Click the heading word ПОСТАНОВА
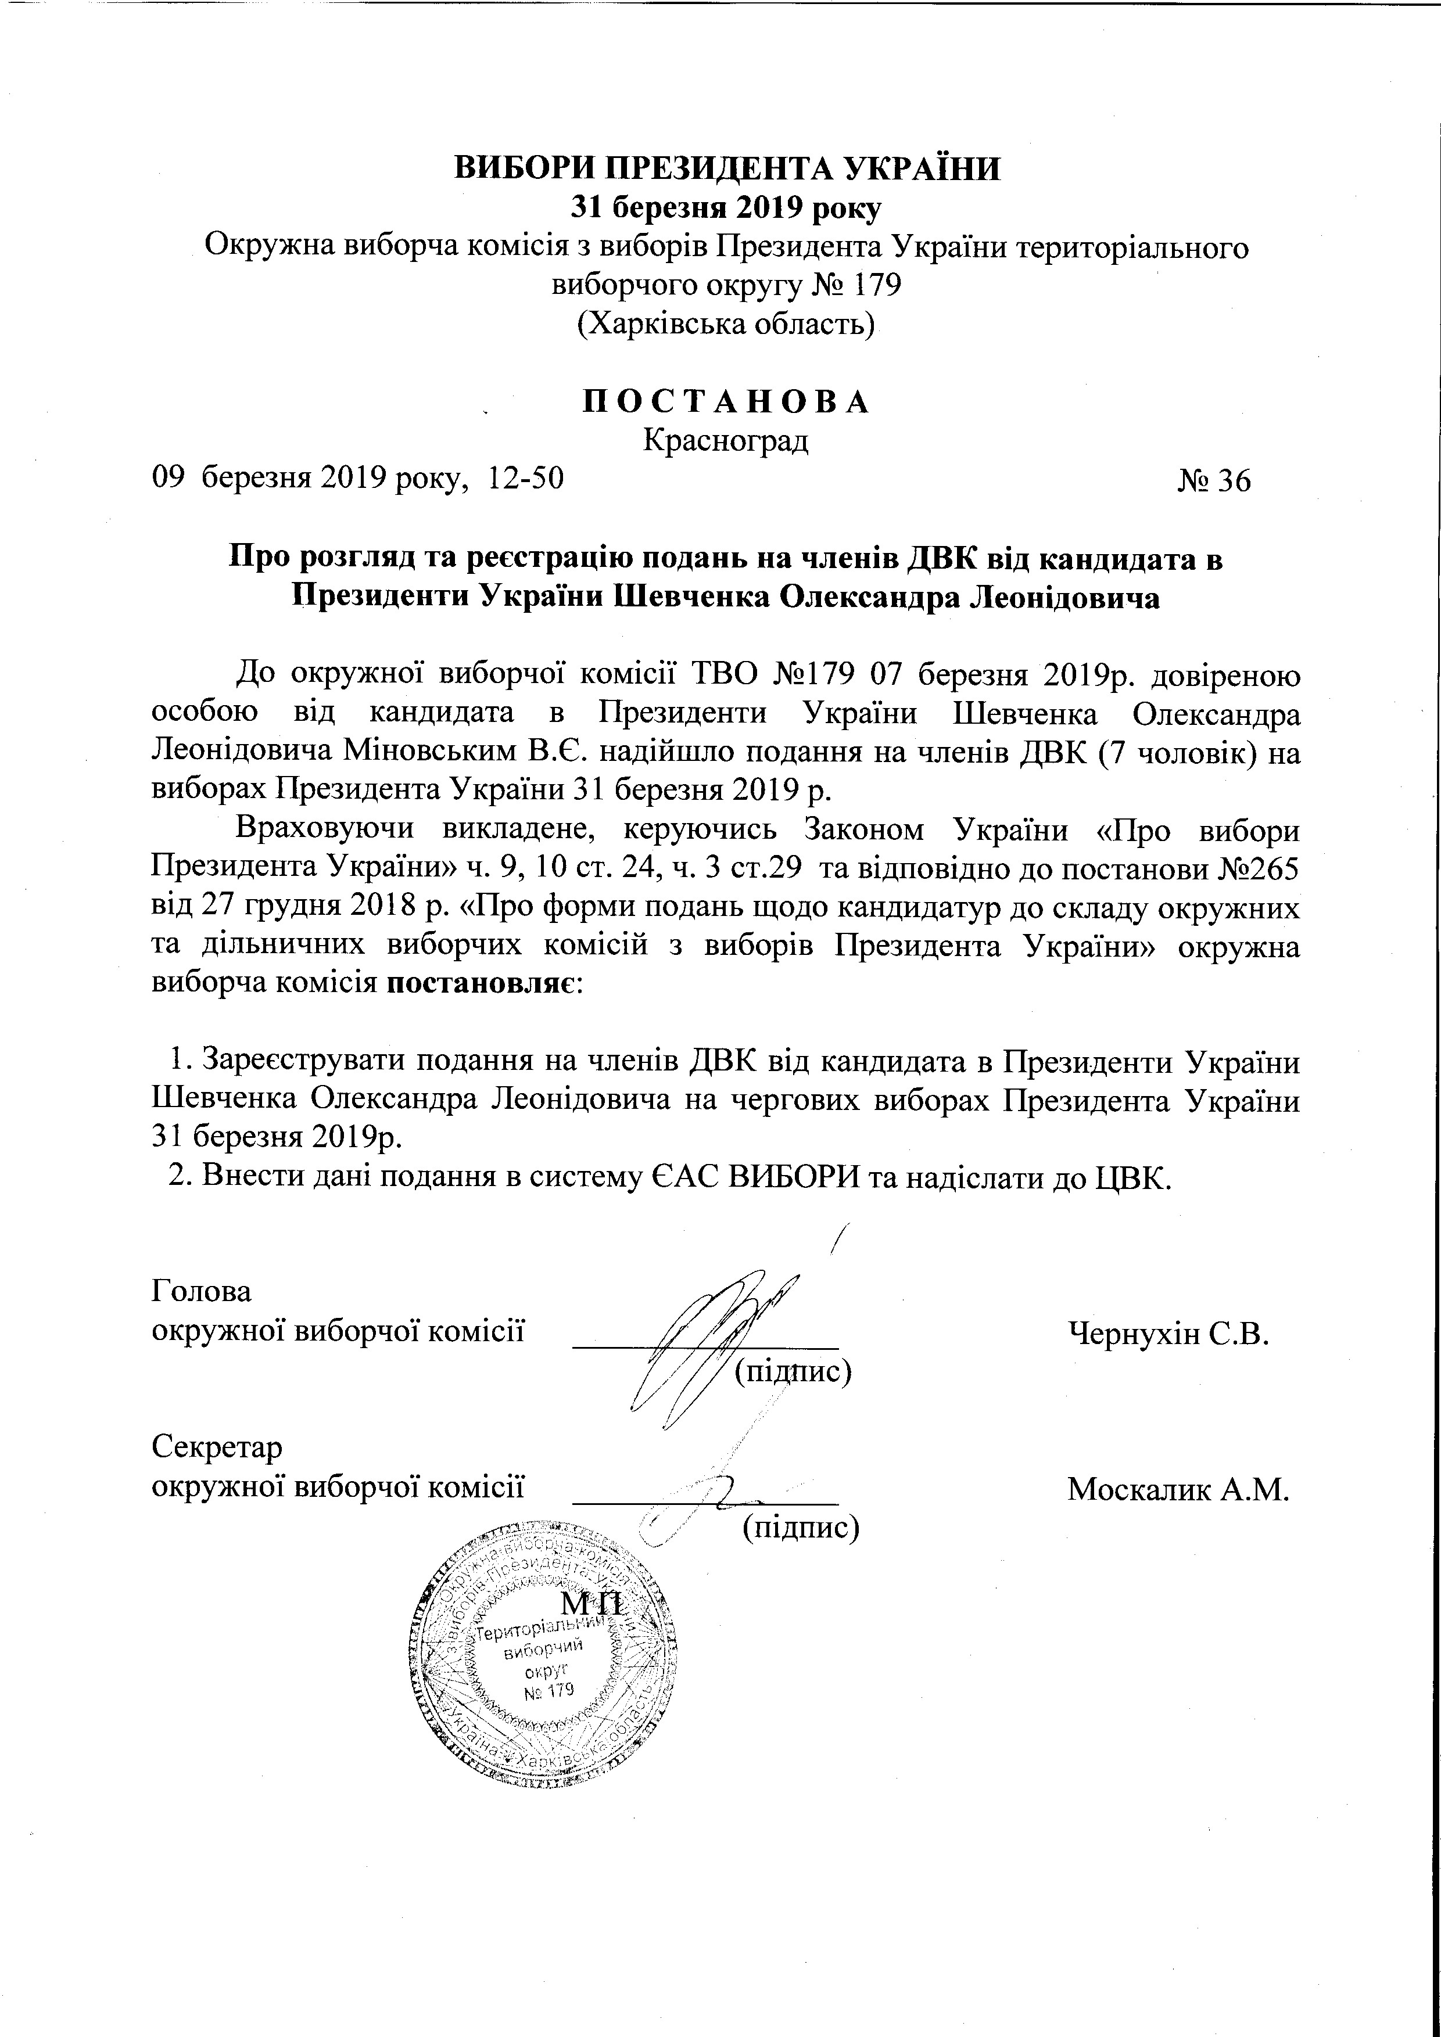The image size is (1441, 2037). click(x=725, y=402)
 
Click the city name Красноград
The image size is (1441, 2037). click(x=725, y=440)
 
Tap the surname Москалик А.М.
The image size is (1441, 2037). click(x=1177, y=1489)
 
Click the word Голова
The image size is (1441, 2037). click(x=202, y=1291)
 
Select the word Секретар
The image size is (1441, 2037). click(x=217, y=1447)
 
